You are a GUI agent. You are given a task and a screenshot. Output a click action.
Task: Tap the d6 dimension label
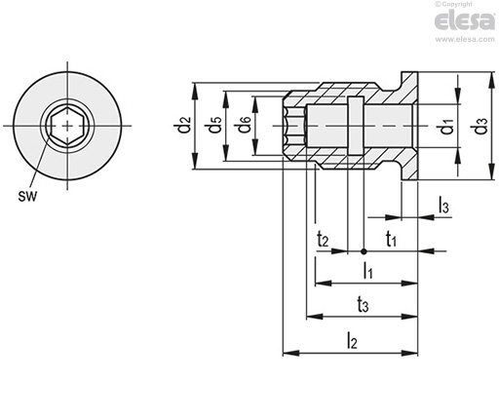[245, 125]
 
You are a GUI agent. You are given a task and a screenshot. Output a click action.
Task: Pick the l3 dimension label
[443, 206]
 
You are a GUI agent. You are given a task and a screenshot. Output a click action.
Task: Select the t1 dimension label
[391, 240]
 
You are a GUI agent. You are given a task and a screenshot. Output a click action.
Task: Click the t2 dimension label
[323, 240]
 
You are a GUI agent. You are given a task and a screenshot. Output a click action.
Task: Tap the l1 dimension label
[367, 271]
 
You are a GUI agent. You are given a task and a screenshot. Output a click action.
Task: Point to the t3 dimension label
[363, 305]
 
